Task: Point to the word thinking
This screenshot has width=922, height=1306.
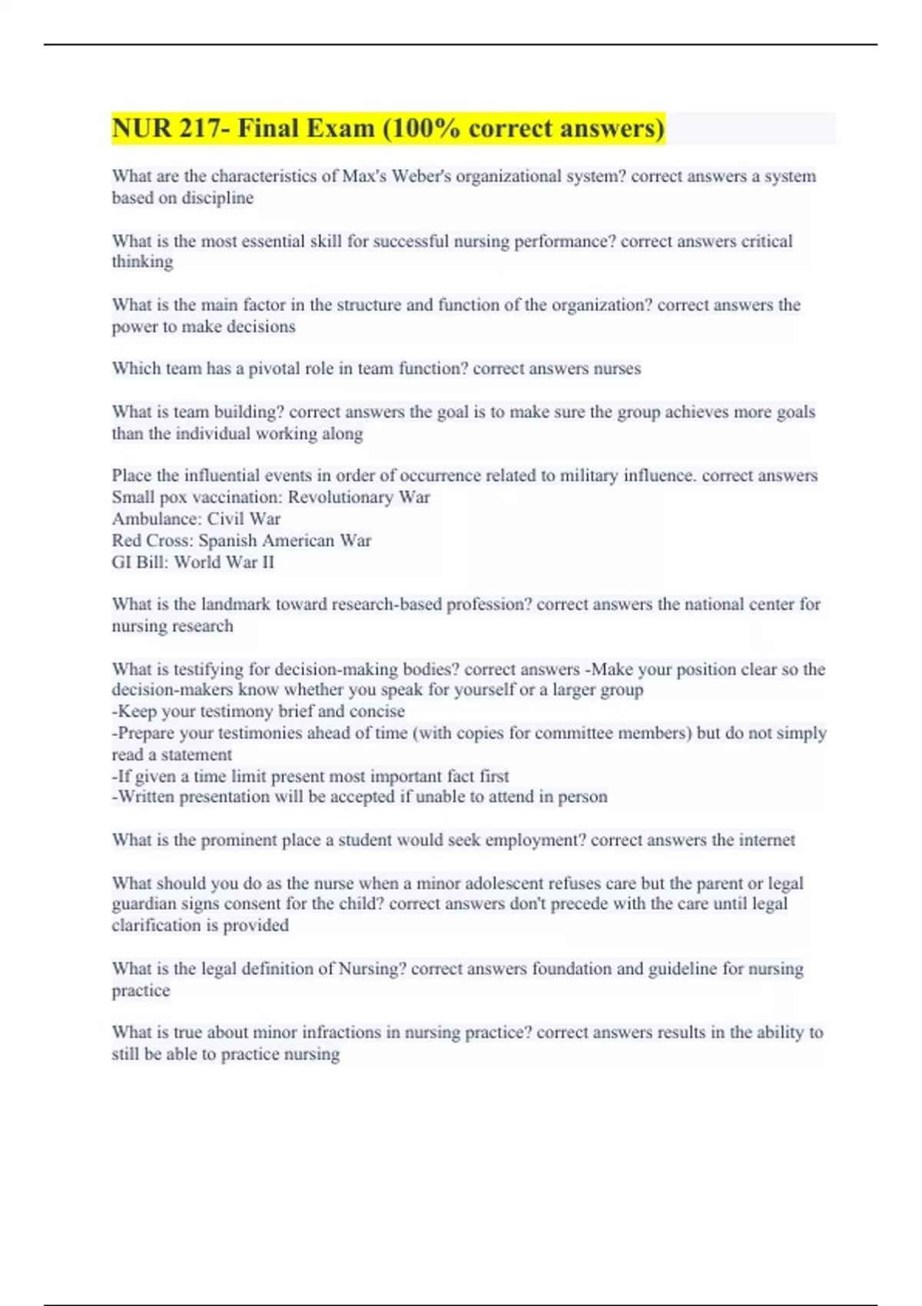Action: tap(142, 262)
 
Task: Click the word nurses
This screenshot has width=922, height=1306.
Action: tap(617, 369)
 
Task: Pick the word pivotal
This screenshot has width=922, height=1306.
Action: tap(274, 369)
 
